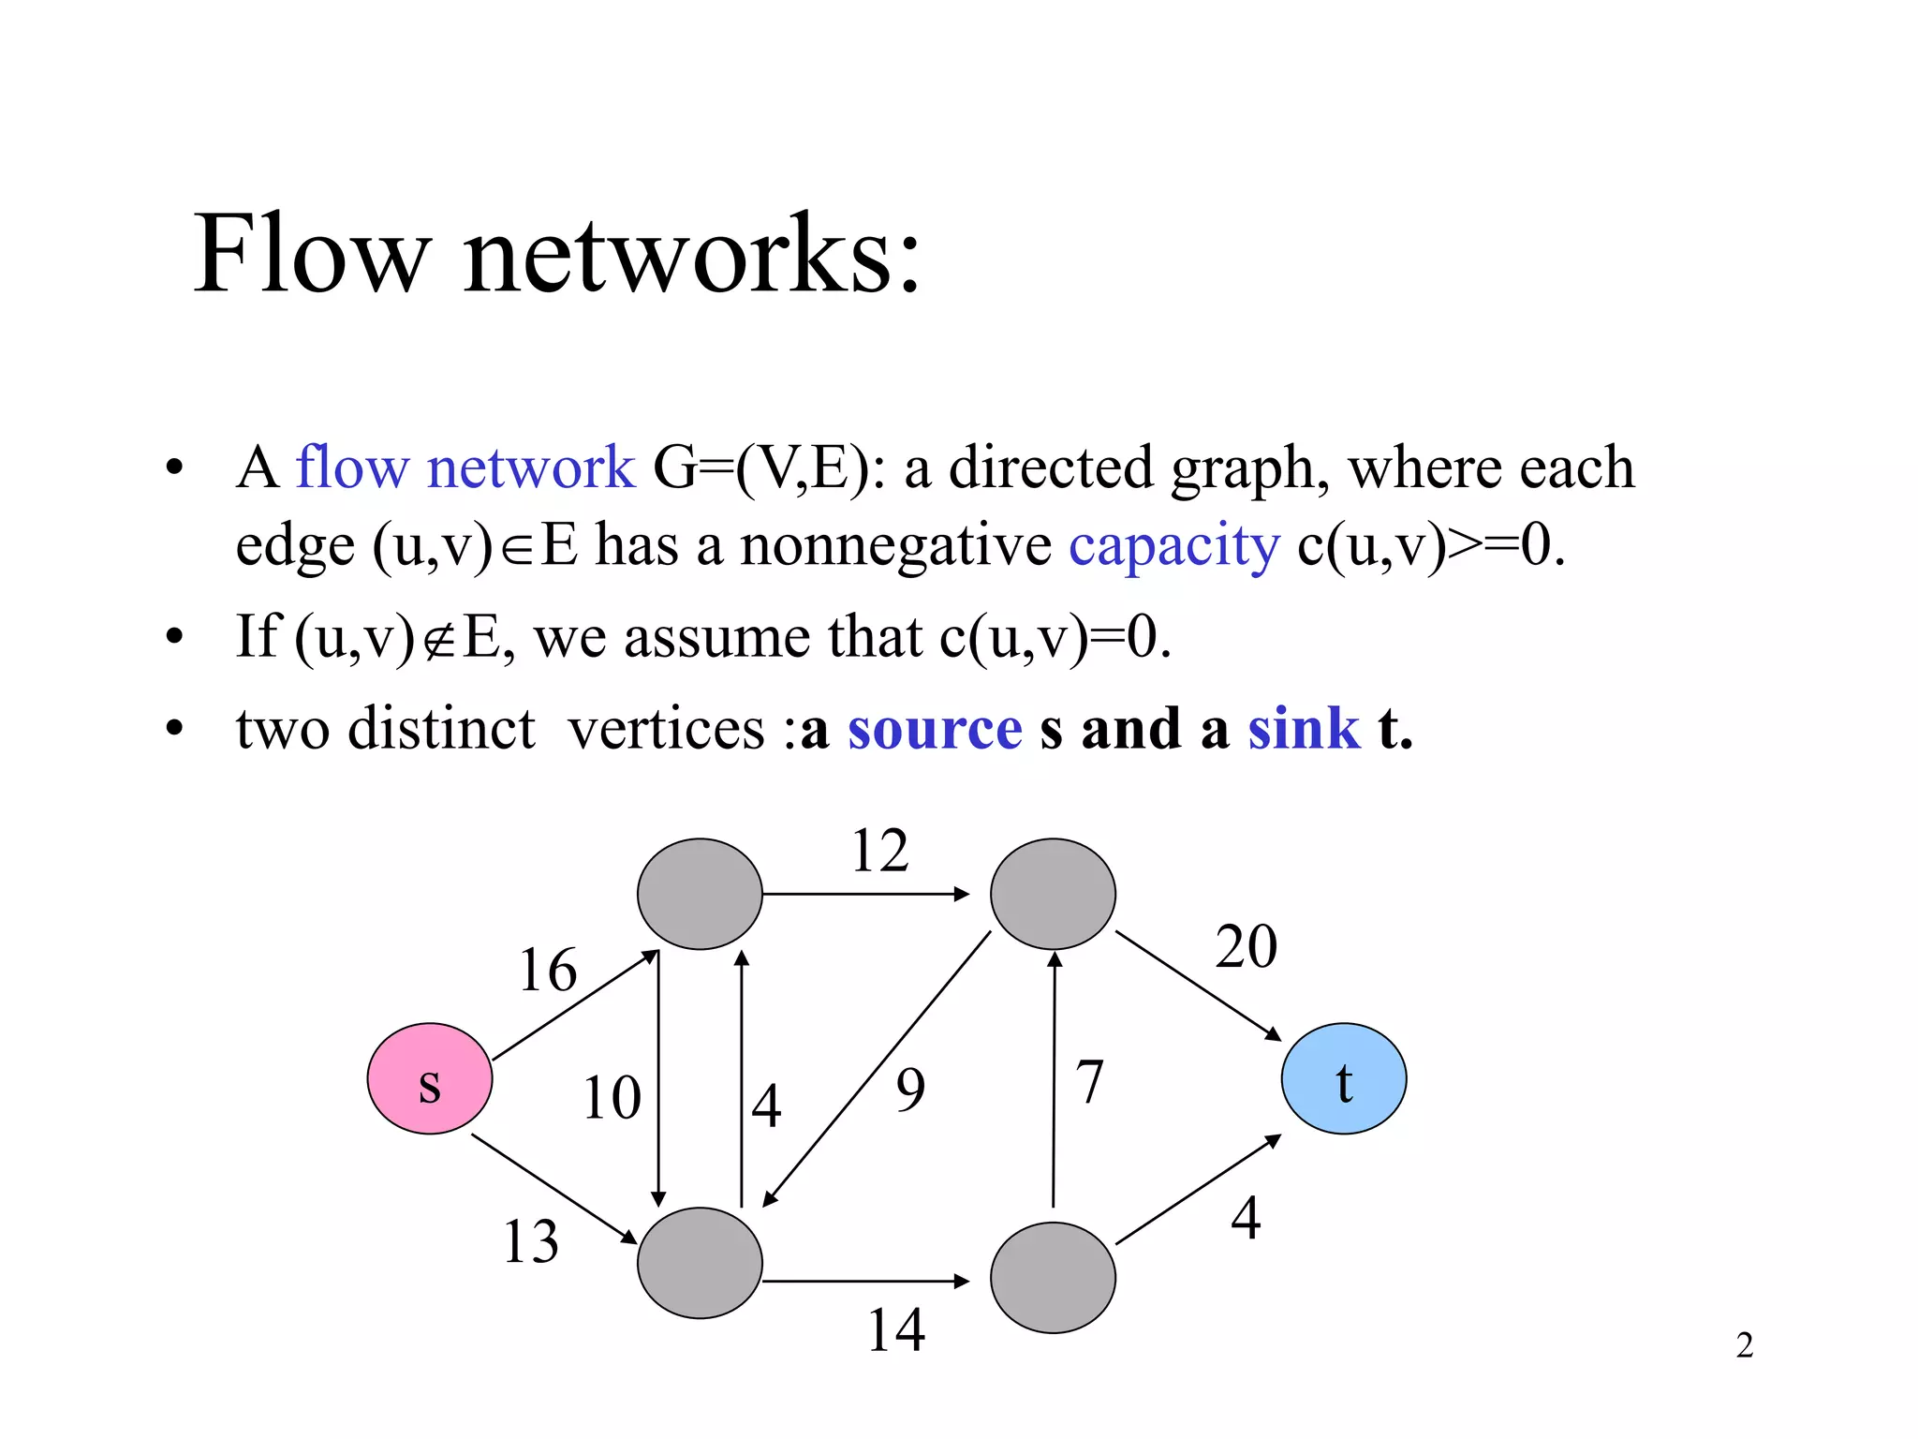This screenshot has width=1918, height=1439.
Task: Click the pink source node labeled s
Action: click(429, 1078)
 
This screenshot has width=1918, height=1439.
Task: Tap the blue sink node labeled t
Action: click(1343, 1078)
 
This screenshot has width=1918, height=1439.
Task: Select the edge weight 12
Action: click(879, 851)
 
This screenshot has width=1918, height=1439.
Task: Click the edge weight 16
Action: click(548, 970)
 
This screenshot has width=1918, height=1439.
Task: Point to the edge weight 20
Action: click(1246, 946)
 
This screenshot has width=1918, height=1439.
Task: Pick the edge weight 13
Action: click(530, 1241)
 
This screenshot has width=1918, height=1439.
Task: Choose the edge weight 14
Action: click(895, 1329)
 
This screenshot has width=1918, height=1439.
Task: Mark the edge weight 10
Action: click(612, 1097)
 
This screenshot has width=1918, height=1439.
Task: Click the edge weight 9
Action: click(910, 1090)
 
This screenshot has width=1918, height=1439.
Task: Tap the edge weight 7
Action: click(1089, 1082)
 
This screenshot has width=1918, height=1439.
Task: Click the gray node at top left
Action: click(700, 894)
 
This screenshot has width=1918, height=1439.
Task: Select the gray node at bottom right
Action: click(1053, 1278)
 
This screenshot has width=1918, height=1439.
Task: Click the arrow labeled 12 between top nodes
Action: click(866, 894)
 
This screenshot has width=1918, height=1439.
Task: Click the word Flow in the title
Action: click(311, 253)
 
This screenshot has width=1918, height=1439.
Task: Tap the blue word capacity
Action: click(1173, 545)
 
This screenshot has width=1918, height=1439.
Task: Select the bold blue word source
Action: click(934, 729)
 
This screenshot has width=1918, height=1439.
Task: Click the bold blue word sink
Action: click(1303, 729)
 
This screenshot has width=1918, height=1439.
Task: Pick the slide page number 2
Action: click(1744, 1345)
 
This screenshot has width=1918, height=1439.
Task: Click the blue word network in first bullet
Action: click(530, 467)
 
